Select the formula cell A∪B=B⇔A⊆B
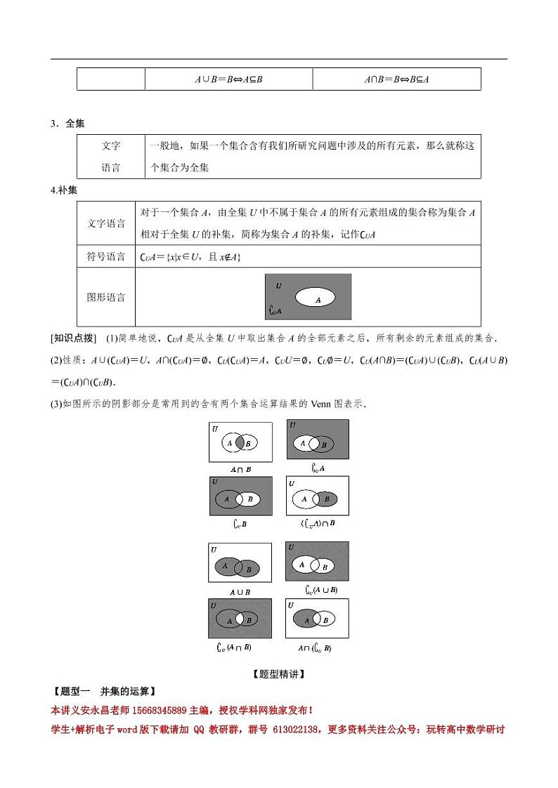228,79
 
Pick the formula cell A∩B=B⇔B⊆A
396,79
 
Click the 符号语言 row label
101,257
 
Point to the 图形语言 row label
101,297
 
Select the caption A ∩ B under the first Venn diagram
240,469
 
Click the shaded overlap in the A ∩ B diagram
240,443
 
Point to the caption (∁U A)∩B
318,524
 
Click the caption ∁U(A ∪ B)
317,590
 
